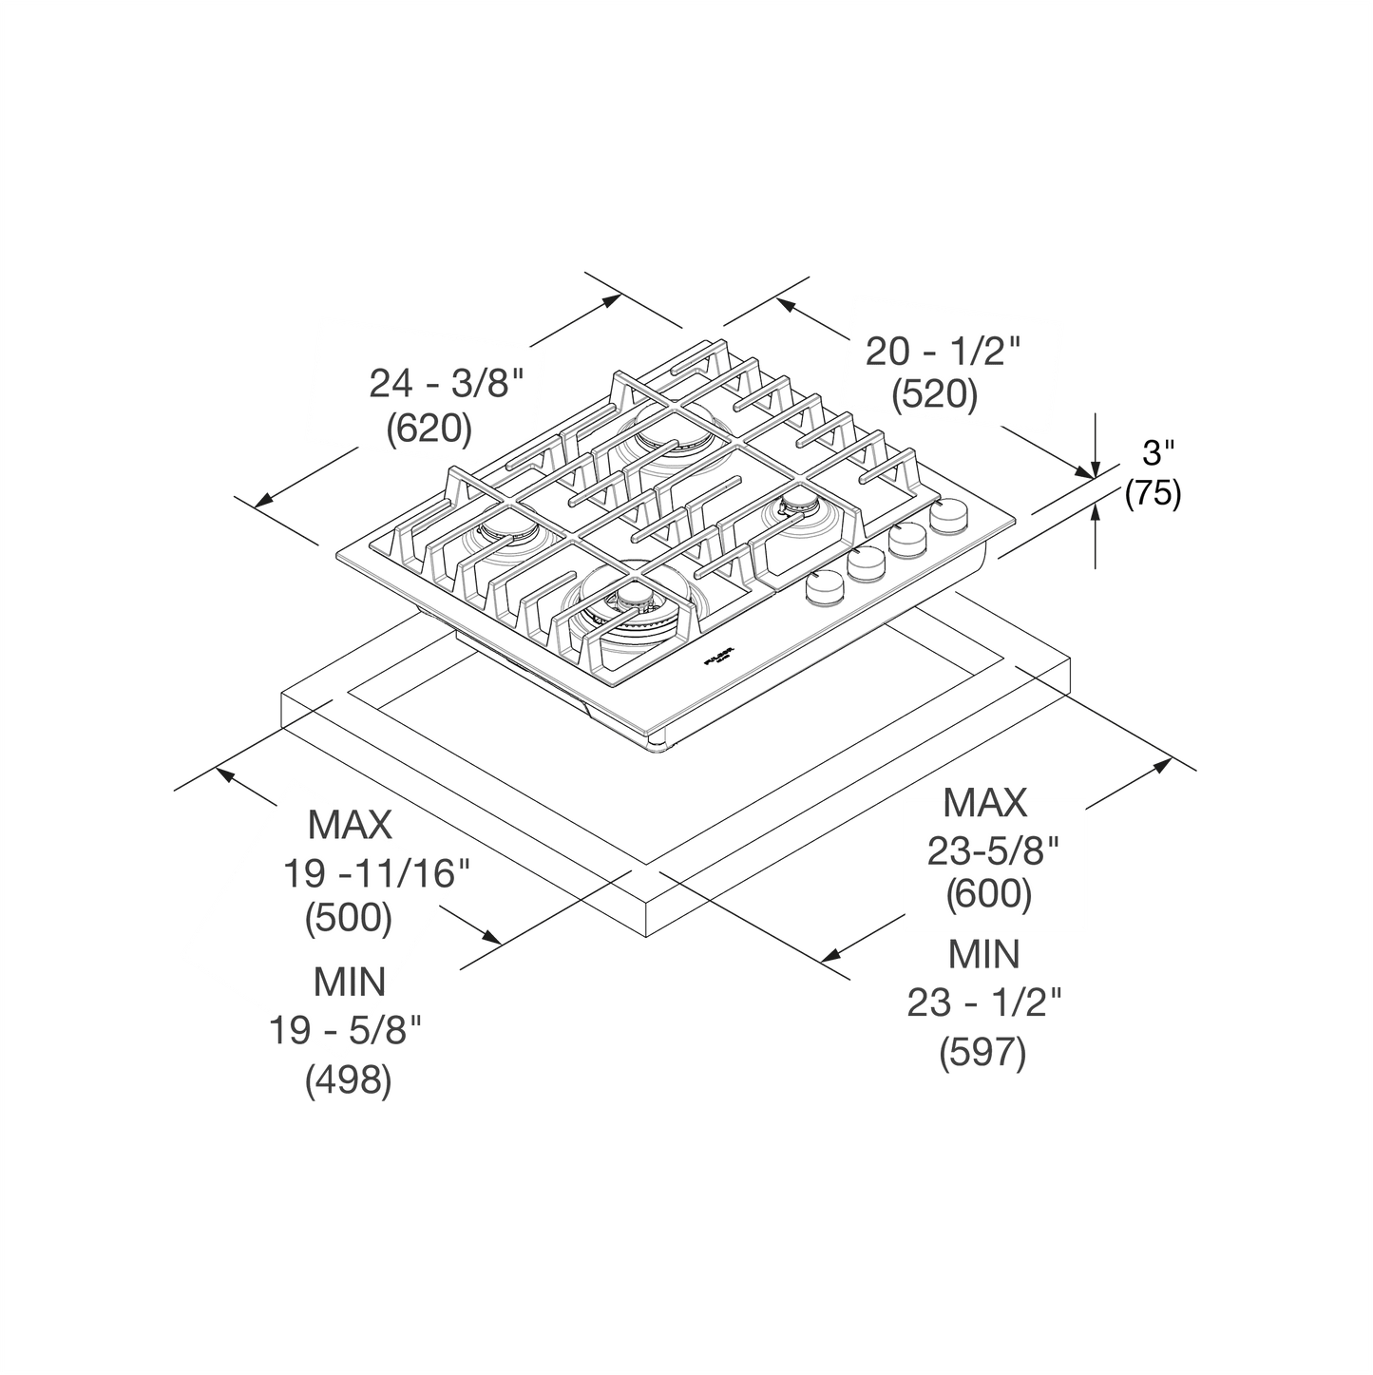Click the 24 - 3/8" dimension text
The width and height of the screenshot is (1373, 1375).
click(446, 384)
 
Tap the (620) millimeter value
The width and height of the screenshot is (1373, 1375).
click(429, 429)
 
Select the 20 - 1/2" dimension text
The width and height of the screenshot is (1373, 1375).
click(943, 352)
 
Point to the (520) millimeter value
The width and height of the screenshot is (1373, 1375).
click(935, 394)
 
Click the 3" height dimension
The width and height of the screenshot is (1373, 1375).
click(1158, 453)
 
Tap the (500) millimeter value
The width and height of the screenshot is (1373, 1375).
click(348, 917)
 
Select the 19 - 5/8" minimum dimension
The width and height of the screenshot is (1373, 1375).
click(346, 1030)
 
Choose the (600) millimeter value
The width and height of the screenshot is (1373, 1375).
click(989, 893)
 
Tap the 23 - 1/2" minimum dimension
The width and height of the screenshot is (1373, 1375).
click(983, 1003)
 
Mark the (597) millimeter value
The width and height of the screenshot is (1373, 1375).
click(983, 1053)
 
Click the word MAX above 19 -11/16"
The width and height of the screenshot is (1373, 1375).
click(350, 825)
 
